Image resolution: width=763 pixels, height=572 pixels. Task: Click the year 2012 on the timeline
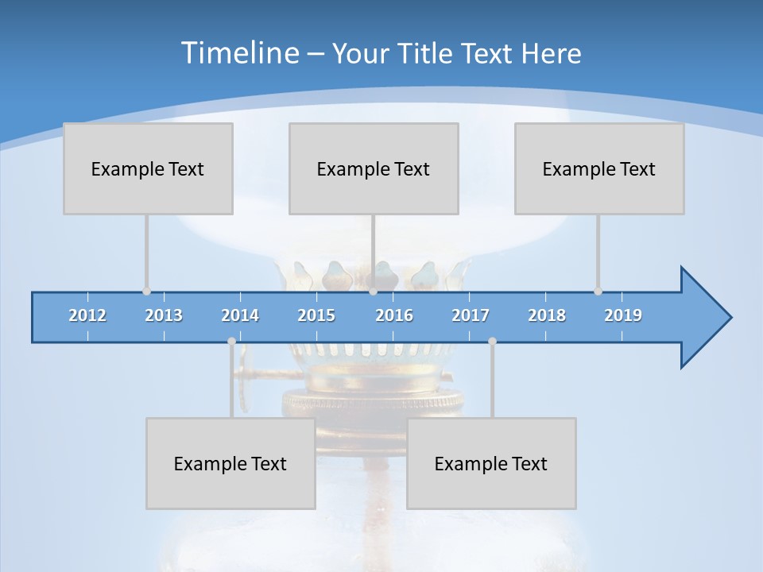click(x=87, y=315)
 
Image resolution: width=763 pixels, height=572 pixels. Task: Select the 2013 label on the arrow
click(x=164, y=315)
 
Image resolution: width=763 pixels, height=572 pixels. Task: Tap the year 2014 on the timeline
click(x=240, y=315)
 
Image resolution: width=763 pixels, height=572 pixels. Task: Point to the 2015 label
click(x=316, y=315)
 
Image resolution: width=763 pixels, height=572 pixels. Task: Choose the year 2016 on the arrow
click(x=394, y=315)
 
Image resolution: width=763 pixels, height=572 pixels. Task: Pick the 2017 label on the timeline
click(x=471, y=315)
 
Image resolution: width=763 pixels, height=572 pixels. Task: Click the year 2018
click(x=547, y=315)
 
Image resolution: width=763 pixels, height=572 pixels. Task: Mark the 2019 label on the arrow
click(x=623, y=315)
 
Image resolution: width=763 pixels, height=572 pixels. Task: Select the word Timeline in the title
click(x=238, y=53)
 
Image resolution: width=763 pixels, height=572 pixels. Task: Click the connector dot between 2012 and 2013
click(x=146, y=291)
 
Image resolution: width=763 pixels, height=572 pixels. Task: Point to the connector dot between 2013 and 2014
click(x=231, y=341)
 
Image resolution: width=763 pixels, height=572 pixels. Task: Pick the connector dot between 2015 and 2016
click(x=373, y=291)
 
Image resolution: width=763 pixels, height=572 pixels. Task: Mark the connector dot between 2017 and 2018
click(x=492, y=341)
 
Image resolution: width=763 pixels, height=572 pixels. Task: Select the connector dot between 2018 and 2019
click(x=598, y=291)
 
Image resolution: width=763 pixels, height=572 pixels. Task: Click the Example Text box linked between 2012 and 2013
click(x=148, y=168)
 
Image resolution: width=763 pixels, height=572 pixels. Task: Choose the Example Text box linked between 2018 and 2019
click(x=599, y=168)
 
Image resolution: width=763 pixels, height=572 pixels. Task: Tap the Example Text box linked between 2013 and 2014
click(x=230, y=463)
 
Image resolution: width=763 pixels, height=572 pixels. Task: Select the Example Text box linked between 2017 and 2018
click(x=491, y=463)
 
